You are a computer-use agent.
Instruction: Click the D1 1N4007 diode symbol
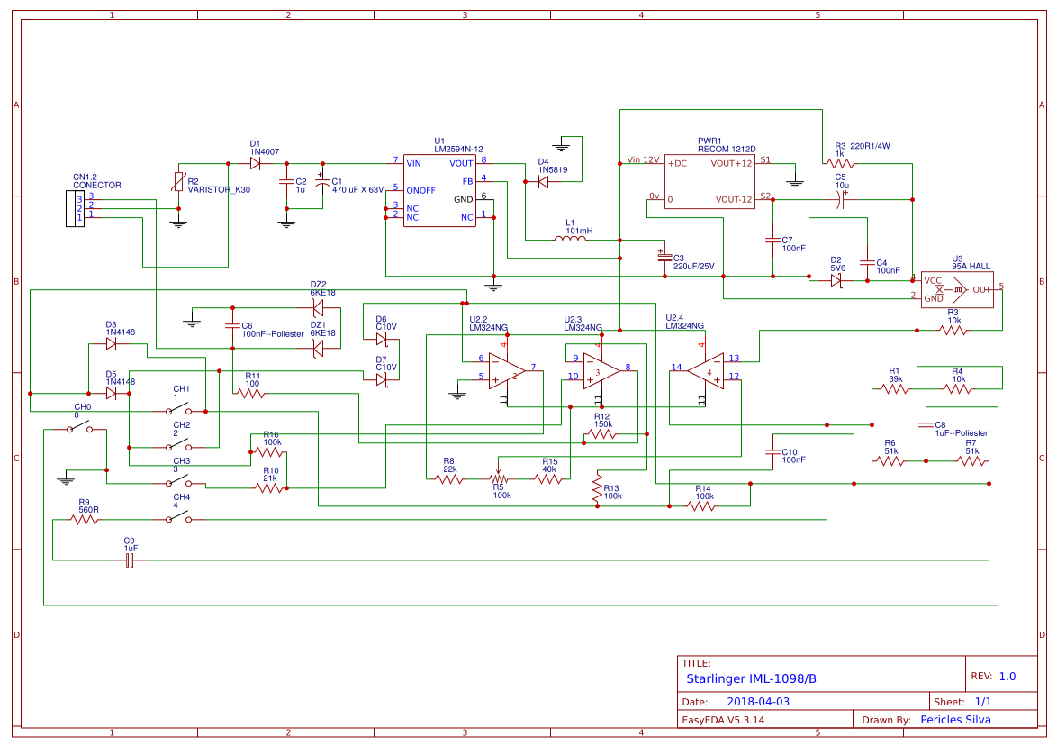click(257, 163)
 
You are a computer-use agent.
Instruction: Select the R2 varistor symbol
click(178, 183)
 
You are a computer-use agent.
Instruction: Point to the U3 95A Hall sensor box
click(956, 290)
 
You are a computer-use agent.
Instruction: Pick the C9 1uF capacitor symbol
click(131, 560)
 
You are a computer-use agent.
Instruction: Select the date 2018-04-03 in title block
click(757, 701)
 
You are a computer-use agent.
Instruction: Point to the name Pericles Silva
click(955, 719)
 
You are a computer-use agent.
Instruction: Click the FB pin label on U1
click(467, 181)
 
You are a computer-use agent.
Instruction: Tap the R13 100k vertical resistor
click(596, 487)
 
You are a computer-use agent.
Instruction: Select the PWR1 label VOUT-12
click(734, 200)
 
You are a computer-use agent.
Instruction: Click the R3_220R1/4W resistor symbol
click(839, 163)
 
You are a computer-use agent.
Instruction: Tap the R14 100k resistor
click(704, 506)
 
